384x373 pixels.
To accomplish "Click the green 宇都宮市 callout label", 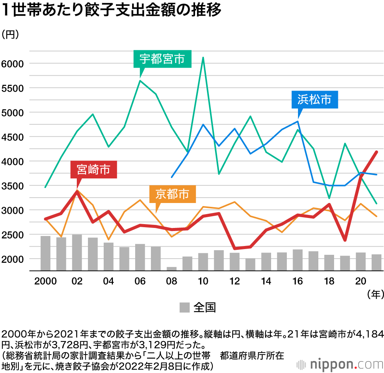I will [x=162, y=59].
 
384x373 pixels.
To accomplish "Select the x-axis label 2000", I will [x=46, y=281].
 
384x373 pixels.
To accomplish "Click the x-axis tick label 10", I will [x=203, y=281].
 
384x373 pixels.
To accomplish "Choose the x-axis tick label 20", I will [x=360, y=281].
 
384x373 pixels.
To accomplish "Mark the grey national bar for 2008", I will [x=172, y=269].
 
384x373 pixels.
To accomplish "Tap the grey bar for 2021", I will [x=376, y=262].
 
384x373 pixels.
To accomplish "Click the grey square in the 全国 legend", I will [x=185, y=307].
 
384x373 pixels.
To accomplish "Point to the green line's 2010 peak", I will [x=203, y=58].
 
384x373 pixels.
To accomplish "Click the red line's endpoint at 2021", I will [x=376, y=152].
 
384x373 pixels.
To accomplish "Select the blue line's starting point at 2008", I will [x=172, y=177].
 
